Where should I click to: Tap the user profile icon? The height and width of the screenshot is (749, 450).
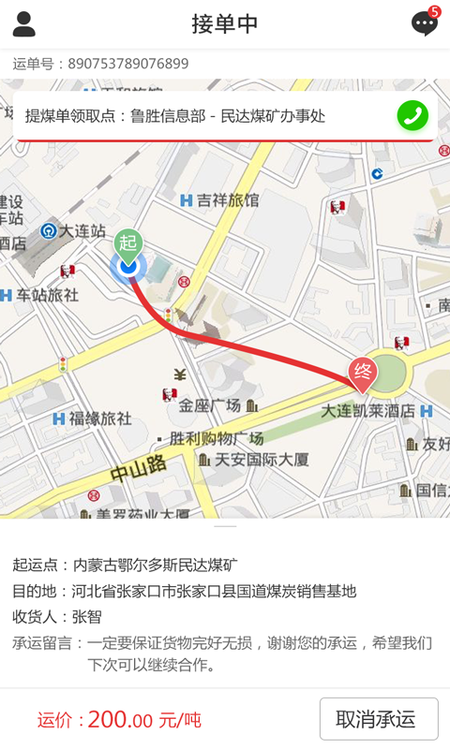point(24,24)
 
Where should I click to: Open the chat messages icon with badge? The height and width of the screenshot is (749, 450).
point(425,23)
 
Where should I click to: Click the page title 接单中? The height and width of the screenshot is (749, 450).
point(225,24)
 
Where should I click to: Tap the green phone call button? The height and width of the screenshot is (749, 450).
point(412,115)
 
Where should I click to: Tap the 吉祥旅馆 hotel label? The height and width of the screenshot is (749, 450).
point(226,200)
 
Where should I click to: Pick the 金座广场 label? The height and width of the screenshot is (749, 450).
point(210,405)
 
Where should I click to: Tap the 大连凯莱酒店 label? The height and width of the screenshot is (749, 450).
point(367,411)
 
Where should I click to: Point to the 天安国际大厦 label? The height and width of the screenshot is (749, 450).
point(262,460)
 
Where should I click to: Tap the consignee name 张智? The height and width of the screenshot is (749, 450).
point(86,617)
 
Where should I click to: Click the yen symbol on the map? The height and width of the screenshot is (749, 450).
point(180,375)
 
